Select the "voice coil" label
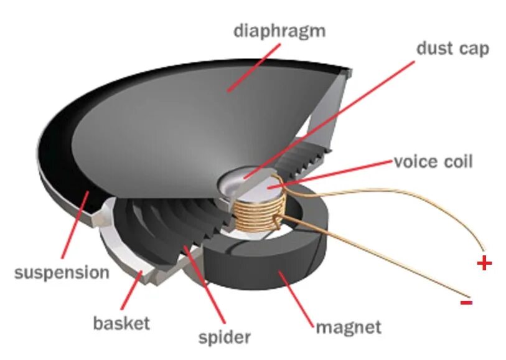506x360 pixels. pyautogui.click(x=433, y=162)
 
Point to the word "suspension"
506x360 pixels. pyautogui.click(x=62, y=272)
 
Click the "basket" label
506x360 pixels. pyautogui.click(x=121, y=323)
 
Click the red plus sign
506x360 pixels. pyautogui.click(x=484, y=263)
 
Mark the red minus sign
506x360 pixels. pyautogui.click(x=466, y=303)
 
